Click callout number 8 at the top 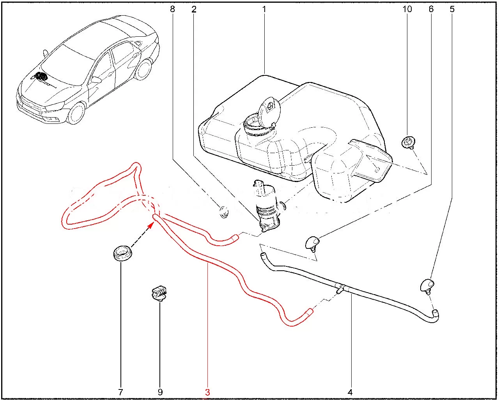(172, 9)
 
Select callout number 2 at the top (194, 9)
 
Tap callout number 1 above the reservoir (264, 9)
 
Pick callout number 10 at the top (407, 9)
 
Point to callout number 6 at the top (431, 9)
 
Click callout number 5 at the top (452, 9)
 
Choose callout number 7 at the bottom (120, 392)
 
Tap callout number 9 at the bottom (160, 392)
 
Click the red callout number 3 (207, 392)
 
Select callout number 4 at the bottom (350, 392)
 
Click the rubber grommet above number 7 (122, 252)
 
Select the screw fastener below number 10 (408, 142)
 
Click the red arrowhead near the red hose (151, 225)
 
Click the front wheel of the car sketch (76, 113)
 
